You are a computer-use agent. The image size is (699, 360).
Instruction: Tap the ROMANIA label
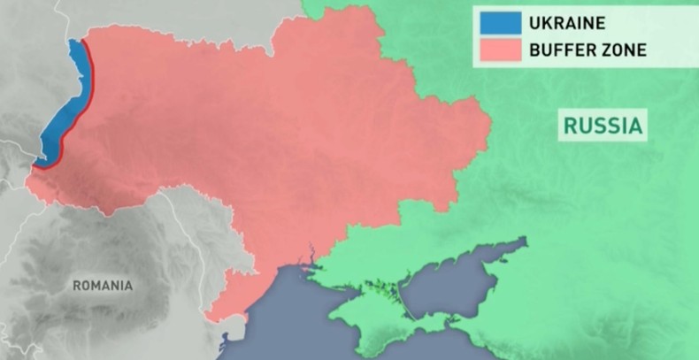coord(103,286)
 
